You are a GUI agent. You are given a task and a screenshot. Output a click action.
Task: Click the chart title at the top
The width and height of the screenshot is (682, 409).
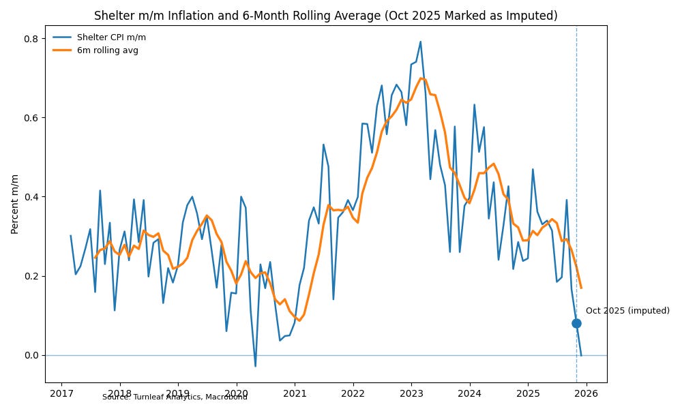pos(325,16)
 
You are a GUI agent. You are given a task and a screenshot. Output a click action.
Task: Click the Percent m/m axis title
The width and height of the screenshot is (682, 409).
pos(15,204)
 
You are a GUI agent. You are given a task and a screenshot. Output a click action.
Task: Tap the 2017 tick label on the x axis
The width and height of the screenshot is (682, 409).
pos(61,393)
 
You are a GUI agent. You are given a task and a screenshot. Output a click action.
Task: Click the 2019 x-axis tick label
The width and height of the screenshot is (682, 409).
pos(178,393)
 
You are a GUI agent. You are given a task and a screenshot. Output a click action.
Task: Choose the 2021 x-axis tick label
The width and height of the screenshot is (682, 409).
pos(295,393)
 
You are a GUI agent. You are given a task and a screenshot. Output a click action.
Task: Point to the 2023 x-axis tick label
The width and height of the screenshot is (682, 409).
pos(411,393)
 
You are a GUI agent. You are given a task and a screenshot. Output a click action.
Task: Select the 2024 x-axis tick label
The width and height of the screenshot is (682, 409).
pos(469,393)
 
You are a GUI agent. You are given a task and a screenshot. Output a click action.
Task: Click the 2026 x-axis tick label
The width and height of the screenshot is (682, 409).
pos(586,393)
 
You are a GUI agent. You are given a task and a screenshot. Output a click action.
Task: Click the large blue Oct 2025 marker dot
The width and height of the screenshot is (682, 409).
pos(576,323)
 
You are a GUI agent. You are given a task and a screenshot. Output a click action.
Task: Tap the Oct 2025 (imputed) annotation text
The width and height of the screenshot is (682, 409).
pos(627,311)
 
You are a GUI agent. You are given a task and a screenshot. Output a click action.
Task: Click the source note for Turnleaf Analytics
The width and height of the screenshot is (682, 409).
pos(175,397)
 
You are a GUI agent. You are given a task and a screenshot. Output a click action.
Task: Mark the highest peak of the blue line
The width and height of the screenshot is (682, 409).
pos(420,42)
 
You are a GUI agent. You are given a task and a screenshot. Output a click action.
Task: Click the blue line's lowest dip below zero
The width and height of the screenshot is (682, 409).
pos(255,366)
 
